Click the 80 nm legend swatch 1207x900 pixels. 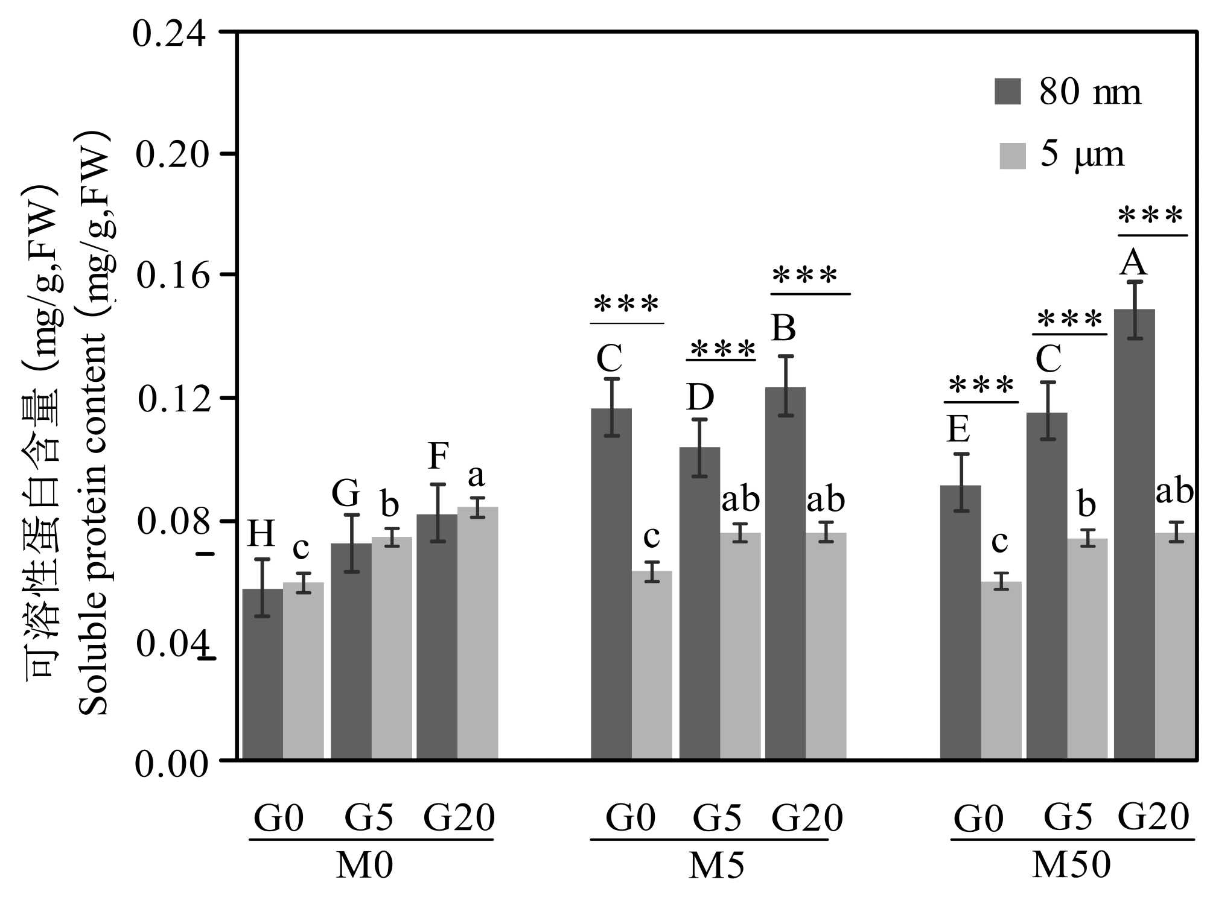click(1007, 92)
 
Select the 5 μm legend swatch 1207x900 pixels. click(1012, 156)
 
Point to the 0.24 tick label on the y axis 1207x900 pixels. click(170, 33)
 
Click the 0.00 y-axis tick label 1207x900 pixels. click(171, 764)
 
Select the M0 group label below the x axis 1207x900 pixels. click(365, 866)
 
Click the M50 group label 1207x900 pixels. click(1071, 866)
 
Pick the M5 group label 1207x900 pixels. click(716, 866)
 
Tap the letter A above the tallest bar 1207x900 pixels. click(1133, 263)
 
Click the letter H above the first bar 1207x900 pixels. click(261, 534)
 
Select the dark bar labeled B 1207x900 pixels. click(785, 572)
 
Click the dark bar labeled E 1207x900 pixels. click(960, 621)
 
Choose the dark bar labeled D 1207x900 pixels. click(699, 603)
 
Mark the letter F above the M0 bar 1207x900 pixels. click(438, 456)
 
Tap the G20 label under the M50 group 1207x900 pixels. click(1153, 817)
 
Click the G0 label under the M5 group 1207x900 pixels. click(630, 819)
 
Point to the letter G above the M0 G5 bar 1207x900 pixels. click(346, 493)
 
